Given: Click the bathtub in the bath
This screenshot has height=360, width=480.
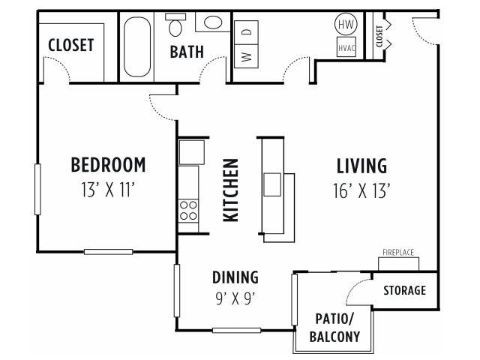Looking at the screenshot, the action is [137, 46].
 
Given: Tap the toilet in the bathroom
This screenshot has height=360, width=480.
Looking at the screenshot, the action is [175, 25].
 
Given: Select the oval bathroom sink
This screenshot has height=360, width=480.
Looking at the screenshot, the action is [213, 22].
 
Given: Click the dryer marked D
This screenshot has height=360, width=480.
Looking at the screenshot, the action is [247, 32].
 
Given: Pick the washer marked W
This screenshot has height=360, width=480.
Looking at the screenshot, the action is [247, 56].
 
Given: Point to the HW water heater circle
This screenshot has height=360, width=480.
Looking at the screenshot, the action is [346, 24].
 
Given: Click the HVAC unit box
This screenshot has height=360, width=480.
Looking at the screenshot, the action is [346, 46].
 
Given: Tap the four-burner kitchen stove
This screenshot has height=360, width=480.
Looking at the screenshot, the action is [188, 211].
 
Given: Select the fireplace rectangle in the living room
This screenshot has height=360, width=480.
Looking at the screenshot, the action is [398, 264].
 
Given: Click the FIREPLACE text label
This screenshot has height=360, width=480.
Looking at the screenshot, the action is [398, 253].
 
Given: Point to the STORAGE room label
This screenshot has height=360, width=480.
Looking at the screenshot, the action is [405, 290].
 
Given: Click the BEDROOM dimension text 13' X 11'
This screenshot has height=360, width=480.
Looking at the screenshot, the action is [108, 190].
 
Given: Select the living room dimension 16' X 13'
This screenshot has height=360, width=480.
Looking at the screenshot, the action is [361, 190].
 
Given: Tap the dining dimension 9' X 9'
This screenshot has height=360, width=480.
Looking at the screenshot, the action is [235, 298].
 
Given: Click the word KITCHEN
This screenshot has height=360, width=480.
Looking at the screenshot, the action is [231, 190].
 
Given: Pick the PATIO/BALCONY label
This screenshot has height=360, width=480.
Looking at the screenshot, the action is [334, 328].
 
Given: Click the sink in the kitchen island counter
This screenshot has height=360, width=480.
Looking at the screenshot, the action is [272, 184].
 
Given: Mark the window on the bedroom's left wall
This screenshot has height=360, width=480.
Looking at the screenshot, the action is [37, 189].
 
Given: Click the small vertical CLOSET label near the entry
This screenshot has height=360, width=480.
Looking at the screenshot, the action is [379, 37].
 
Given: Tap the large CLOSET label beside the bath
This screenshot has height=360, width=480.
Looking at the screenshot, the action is [70, 45].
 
